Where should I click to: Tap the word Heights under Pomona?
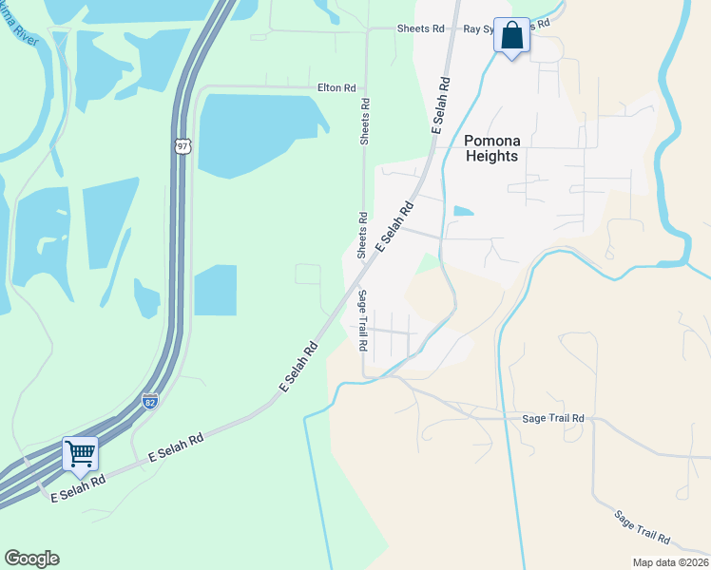click(x=492, y=156)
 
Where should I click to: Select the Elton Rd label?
click(x=336, y=87)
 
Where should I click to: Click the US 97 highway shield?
click(x=183, y=146)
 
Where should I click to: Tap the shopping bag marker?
click(x=511, y=36)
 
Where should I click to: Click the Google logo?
click(x=31, y=559)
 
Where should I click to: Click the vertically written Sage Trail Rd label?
click(x=362, y=320)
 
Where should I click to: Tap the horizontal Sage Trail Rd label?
click(x=553, y=418)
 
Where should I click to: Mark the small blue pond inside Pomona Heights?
click(x=463, y=210)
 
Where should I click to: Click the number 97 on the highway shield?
click(x=183, y=147)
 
